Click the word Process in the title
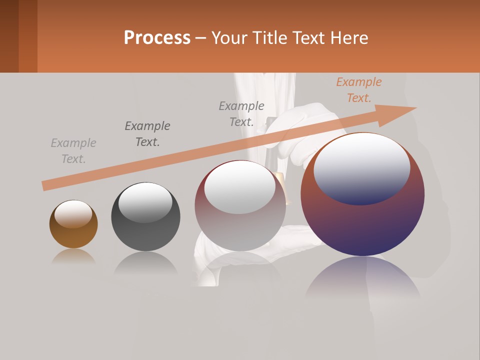tap(157, 38)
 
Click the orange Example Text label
tap(358, 90)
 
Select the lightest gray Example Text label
tap(73, 151)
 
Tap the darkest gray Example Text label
tap(147, 134)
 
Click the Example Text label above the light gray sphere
tap(241, 114)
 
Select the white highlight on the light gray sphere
tap(240, 186)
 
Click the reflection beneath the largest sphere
tap(362, 280)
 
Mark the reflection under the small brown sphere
tap(73, 256)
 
